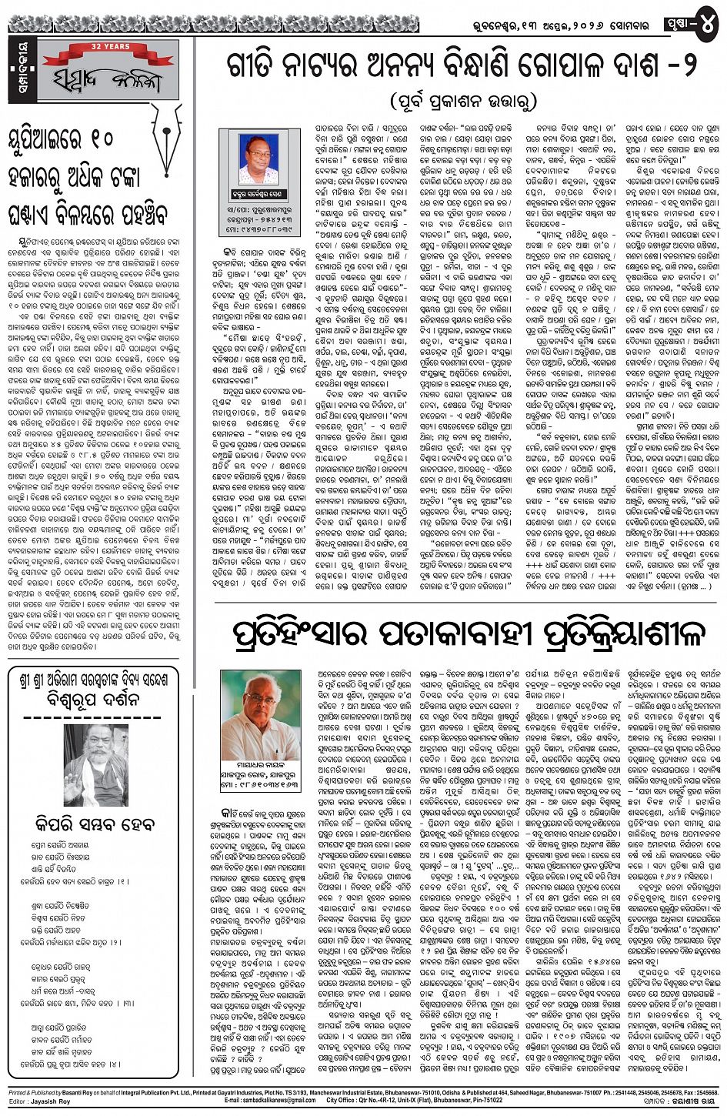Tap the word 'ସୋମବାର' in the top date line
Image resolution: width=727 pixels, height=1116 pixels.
pyautogui.click(x=629, y=25)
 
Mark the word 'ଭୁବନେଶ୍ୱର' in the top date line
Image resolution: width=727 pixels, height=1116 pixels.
pyautogui.click(x=484, y=25)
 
